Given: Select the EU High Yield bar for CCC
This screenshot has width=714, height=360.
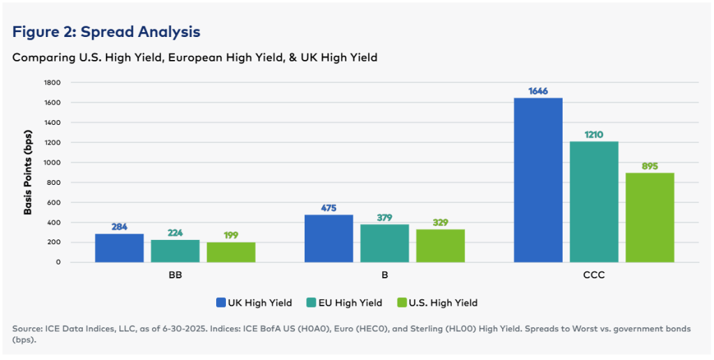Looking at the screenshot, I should (593, 202).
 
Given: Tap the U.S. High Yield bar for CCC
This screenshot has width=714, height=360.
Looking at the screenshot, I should (649, 217).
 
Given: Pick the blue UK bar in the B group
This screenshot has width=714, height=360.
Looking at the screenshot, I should (328, 238).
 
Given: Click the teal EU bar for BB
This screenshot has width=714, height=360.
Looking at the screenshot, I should (175, 250).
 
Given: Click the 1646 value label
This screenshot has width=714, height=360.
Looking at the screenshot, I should (538, 91).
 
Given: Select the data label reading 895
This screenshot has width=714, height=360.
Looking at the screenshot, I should (649, 166).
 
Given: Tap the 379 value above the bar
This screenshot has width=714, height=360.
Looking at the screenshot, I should (384, 218).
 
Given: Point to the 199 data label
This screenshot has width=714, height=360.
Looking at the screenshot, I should (231, 236).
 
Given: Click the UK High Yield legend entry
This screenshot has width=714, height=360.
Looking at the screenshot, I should (255, 303).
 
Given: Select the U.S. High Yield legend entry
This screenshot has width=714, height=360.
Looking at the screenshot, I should (437, 303).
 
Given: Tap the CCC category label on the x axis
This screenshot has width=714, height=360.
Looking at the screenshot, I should (593, 275).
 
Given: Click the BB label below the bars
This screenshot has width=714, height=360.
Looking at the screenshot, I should (175, 275).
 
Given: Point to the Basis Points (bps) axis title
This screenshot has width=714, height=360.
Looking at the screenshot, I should (29, 172).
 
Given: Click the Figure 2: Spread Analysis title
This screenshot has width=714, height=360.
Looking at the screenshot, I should (107, 32).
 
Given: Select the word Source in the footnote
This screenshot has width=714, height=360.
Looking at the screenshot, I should (26, 328).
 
